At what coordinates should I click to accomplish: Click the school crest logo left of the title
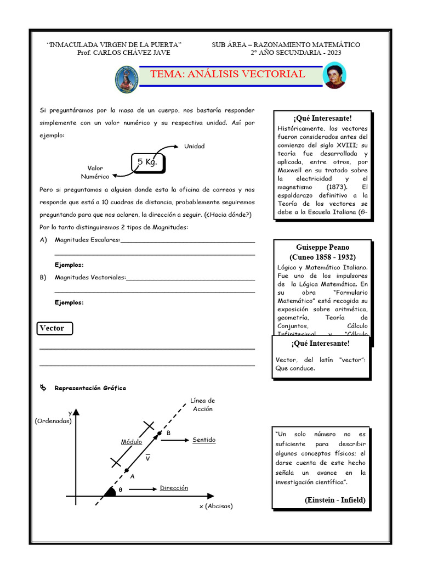pyautogui.click(x=127, y=78)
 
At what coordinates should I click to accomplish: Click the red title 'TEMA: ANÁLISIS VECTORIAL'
pyautogui.click(x=227, y=75)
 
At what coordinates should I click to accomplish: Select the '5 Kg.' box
pyautogui.click(x=147, y=162)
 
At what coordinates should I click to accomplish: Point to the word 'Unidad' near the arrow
pyautogui.click(x=195, y=146)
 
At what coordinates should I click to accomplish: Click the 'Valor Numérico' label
pyautogui.click(x=95, y=172)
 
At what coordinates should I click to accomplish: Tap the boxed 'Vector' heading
pyautogui.click(x=53, y=328)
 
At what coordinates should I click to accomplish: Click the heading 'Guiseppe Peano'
pyautogui.click(x=322, y=247)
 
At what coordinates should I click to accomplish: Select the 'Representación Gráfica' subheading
pyautogui.click(x=90, y=388)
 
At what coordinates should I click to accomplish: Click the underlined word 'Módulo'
pyautogui.click(x=132, y=442)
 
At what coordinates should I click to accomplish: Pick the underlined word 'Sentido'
pyautogui.click(x=204, y=440)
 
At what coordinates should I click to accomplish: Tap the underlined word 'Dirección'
pyautogui.click(x=174, y=488)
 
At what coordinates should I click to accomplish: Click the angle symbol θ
pyautogui.click(x=121, y=490)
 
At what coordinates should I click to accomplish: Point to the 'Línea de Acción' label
pyautogui.click(x=202, y=404)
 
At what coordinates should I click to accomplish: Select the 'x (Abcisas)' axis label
pyautogui.click(x=216, y=506)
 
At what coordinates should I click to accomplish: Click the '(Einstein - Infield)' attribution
pyautogui.click(x=334, y=500)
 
